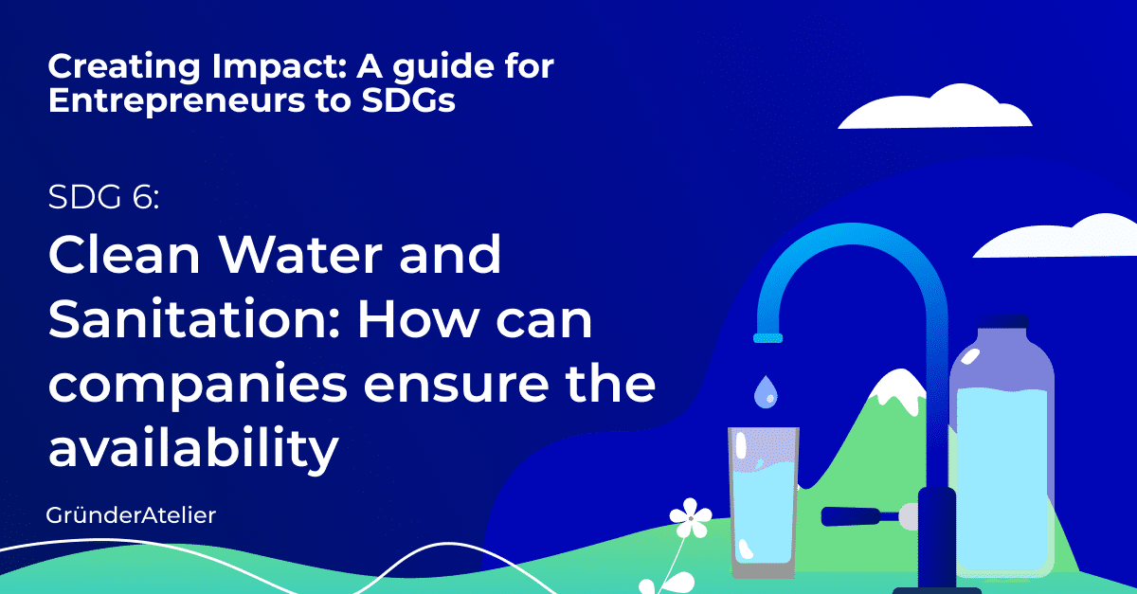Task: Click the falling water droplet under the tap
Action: pyautogui.click(x=765, y=392)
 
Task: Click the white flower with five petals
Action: pyautogui.click(x=690, y=518)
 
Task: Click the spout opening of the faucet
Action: pyautogui.click(x=768, y=337)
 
